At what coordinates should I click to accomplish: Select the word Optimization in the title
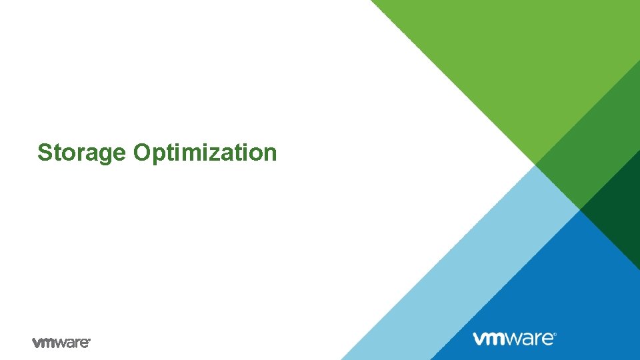205,153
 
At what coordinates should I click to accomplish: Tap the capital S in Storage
45,152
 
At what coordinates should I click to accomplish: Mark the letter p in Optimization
158,154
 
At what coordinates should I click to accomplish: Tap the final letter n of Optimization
270,153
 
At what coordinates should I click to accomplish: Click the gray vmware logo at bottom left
61,342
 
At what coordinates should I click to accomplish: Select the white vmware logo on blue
514,338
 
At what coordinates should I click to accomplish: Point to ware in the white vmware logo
531,338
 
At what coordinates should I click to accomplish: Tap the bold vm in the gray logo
44,342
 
